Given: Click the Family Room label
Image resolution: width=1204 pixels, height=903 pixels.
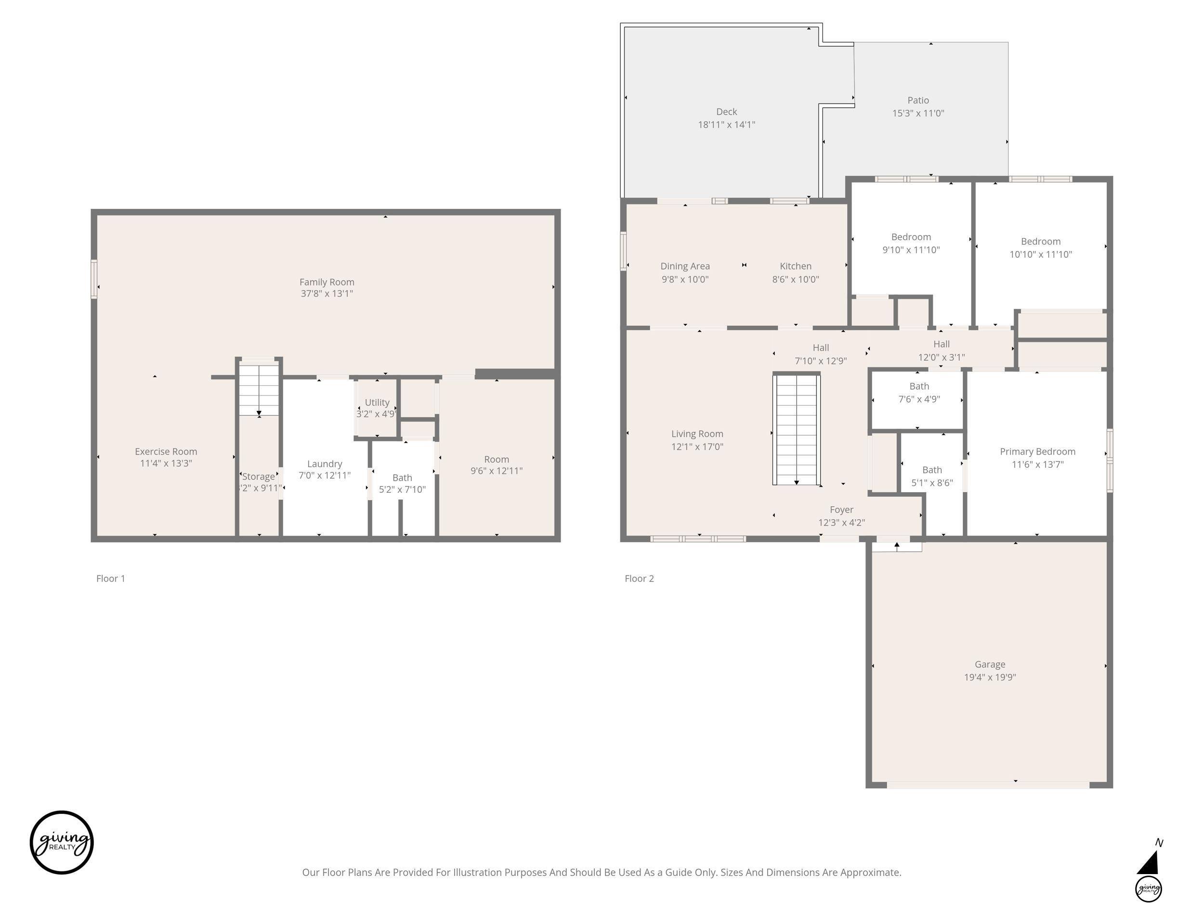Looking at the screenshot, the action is click(327, 282).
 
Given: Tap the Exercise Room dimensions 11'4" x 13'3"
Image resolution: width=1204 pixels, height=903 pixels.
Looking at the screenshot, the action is click(166, 463).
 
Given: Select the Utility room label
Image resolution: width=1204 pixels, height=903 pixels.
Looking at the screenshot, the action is click(377, 402).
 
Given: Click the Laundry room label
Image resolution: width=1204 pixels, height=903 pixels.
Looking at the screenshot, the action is click(325, 464).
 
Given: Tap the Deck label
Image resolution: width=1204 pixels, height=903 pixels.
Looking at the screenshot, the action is click(727, 112).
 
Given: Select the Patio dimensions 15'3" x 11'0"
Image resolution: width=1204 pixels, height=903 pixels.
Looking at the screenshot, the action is click(918, 113).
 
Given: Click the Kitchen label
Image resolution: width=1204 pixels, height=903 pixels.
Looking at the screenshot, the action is click(795, 266).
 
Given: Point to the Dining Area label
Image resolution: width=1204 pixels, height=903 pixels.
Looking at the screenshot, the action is click(685, 266).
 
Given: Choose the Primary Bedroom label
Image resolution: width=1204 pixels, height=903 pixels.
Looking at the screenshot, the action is click(1037, 451).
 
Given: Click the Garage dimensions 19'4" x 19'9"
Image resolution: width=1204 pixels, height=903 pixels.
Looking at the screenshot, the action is click(990, 677).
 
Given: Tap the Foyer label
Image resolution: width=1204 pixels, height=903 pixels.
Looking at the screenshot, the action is click(841, 510).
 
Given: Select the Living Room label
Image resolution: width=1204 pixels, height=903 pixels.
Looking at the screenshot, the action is click(697, 434).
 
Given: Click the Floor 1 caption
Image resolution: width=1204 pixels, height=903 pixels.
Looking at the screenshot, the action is click(110, 578).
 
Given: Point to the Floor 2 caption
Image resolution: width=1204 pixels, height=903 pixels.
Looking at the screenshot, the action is click(639, 578).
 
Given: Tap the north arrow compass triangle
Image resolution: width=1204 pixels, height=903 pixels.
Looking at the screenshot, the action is click(1148, 863).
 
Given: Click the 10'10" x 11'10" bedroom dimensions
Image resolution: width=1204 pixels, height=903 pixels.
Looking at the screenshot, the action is click(1041, 254).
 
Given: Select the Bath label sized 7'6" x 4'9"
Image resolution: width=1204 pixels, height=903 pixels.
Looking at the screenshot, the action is click(919, 386).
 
